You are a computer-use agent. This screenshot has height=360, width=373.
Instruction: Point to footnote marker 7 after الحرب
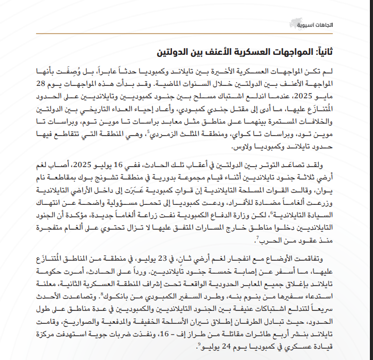[257, 237]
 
